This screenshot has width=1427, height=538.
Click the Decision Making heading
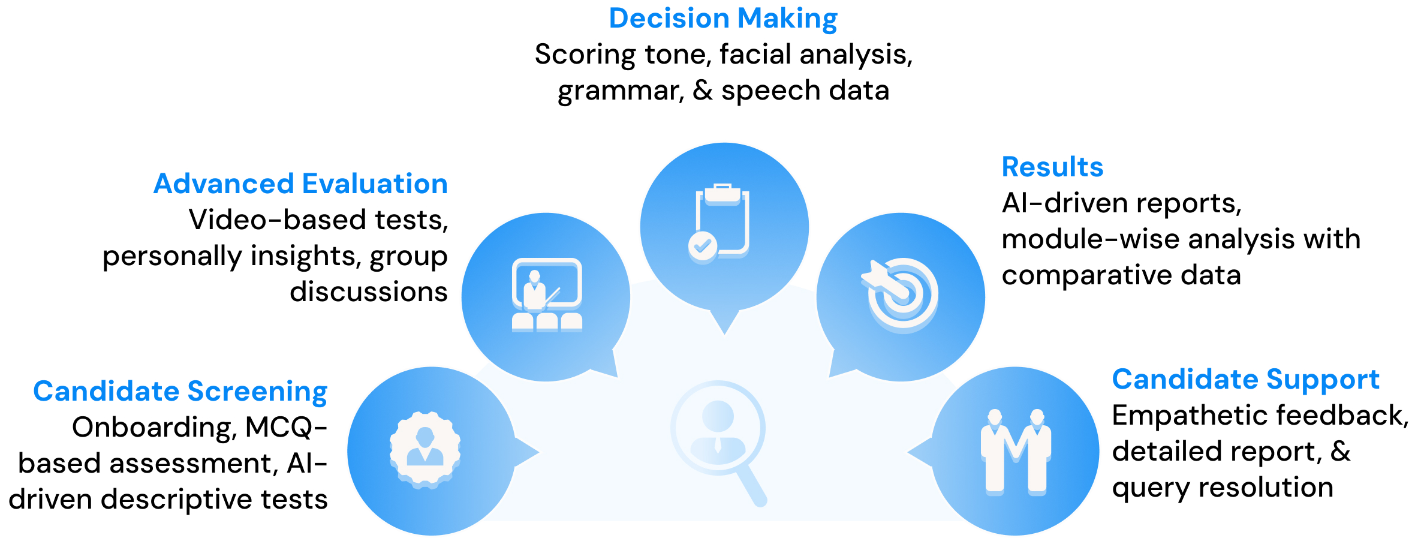point(723,19)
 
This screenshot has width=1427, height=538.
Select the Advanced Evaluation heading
point(300,184)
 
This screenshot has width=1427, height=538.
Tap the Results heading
point(1052,167)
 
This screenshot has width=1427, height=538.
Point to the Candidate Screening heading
point(180,392)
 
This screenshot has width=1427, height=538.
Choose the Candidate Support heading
point(1245,380)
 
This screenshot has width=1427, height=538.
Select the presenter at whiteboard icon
point(547,294)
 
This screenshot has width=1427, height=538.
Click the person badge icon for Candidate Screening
point(425,449)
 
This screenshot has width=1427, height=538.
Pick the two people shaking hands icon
point(1016,452)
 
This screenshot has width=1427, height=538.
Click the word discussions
point(368,292)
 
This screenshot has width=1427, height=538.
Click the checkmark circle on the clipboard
point(702,247)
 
